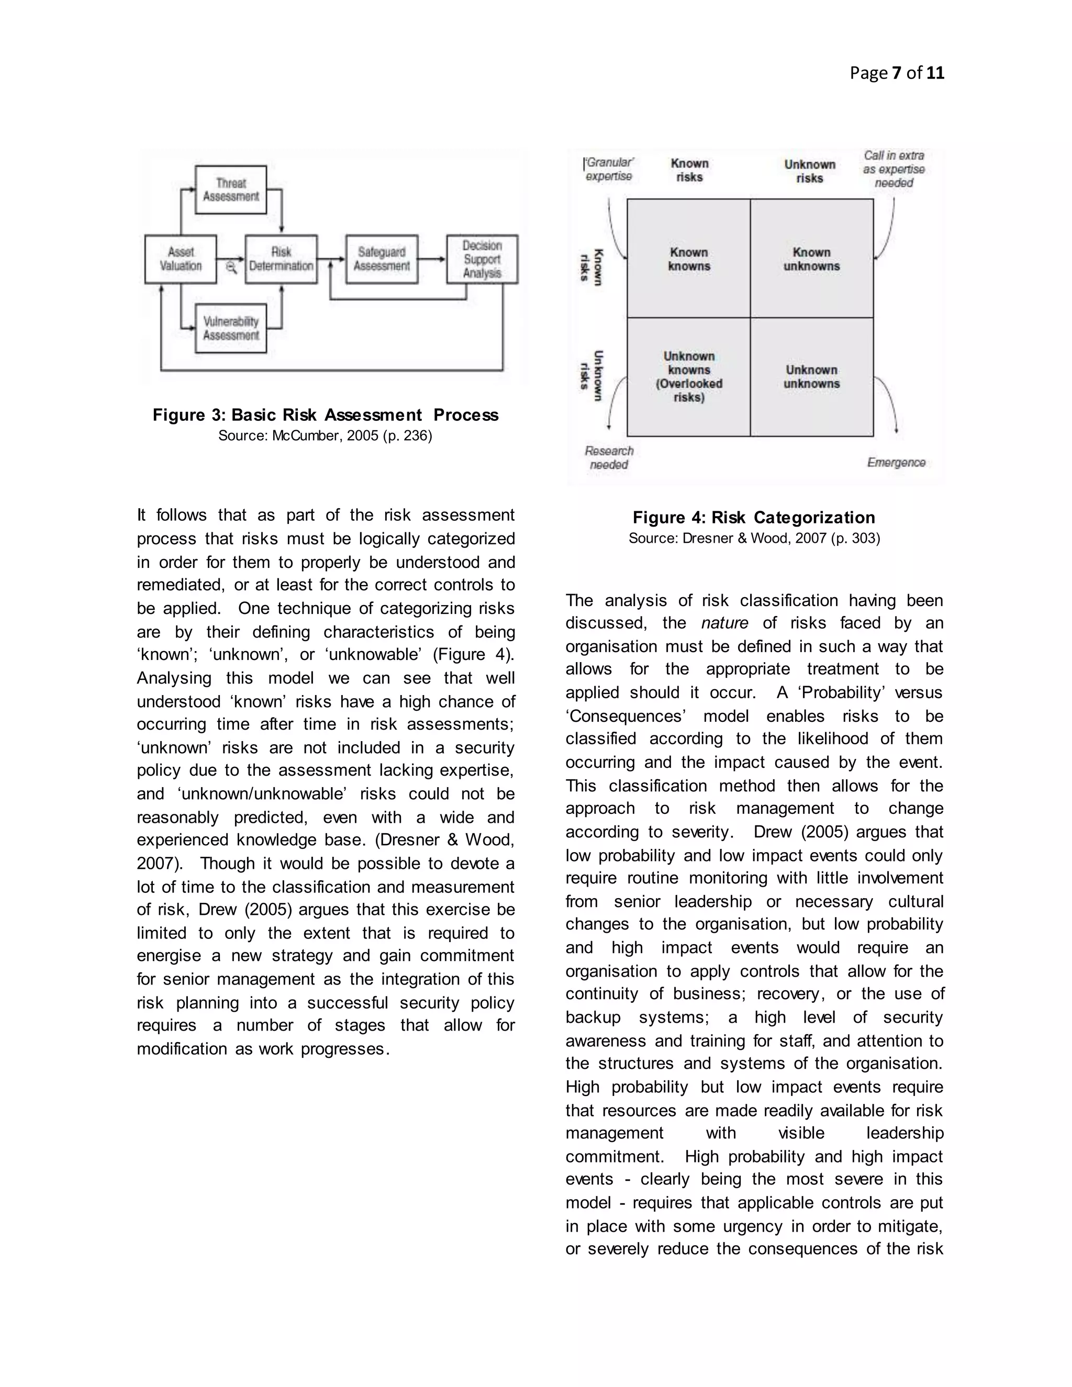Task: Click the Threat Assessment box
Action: pyautogui.click(x=230, y=190)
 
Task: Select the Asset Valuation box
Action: pyautogui.click(x=181, y=259)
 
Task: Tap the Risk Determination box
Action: pyautogui.click(x=281, y=259)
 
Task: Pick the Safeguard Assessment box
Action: pyautogui.click(x=381, y=259)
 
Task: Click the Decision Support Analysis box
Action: pyautogui.click(x=482, y=259)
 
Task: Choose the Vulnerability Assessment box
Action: pyautogui.click(x=230, y=328)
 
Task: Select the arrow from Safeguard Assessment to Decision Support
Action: pyautogui.click(x=432, y=259)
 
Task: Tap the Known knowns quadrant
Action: pyautogui.click(x=688, y=259)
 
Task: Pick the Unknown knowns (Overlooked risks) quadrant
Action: pyautogui.click(x=688, y=377)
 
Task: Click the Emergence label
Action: pyautogui.click(x=896, y=462)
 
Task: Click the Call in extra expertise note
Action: pyautogui.click(x=894, y=169)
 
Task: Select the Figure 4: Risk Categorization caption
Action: pyautogui.click(x=754, y=517)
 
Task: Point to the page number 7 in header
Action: pyautogui.click(x=896, y=73)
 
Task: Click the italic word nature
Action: pyautogui.click(x=724, y=623)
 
